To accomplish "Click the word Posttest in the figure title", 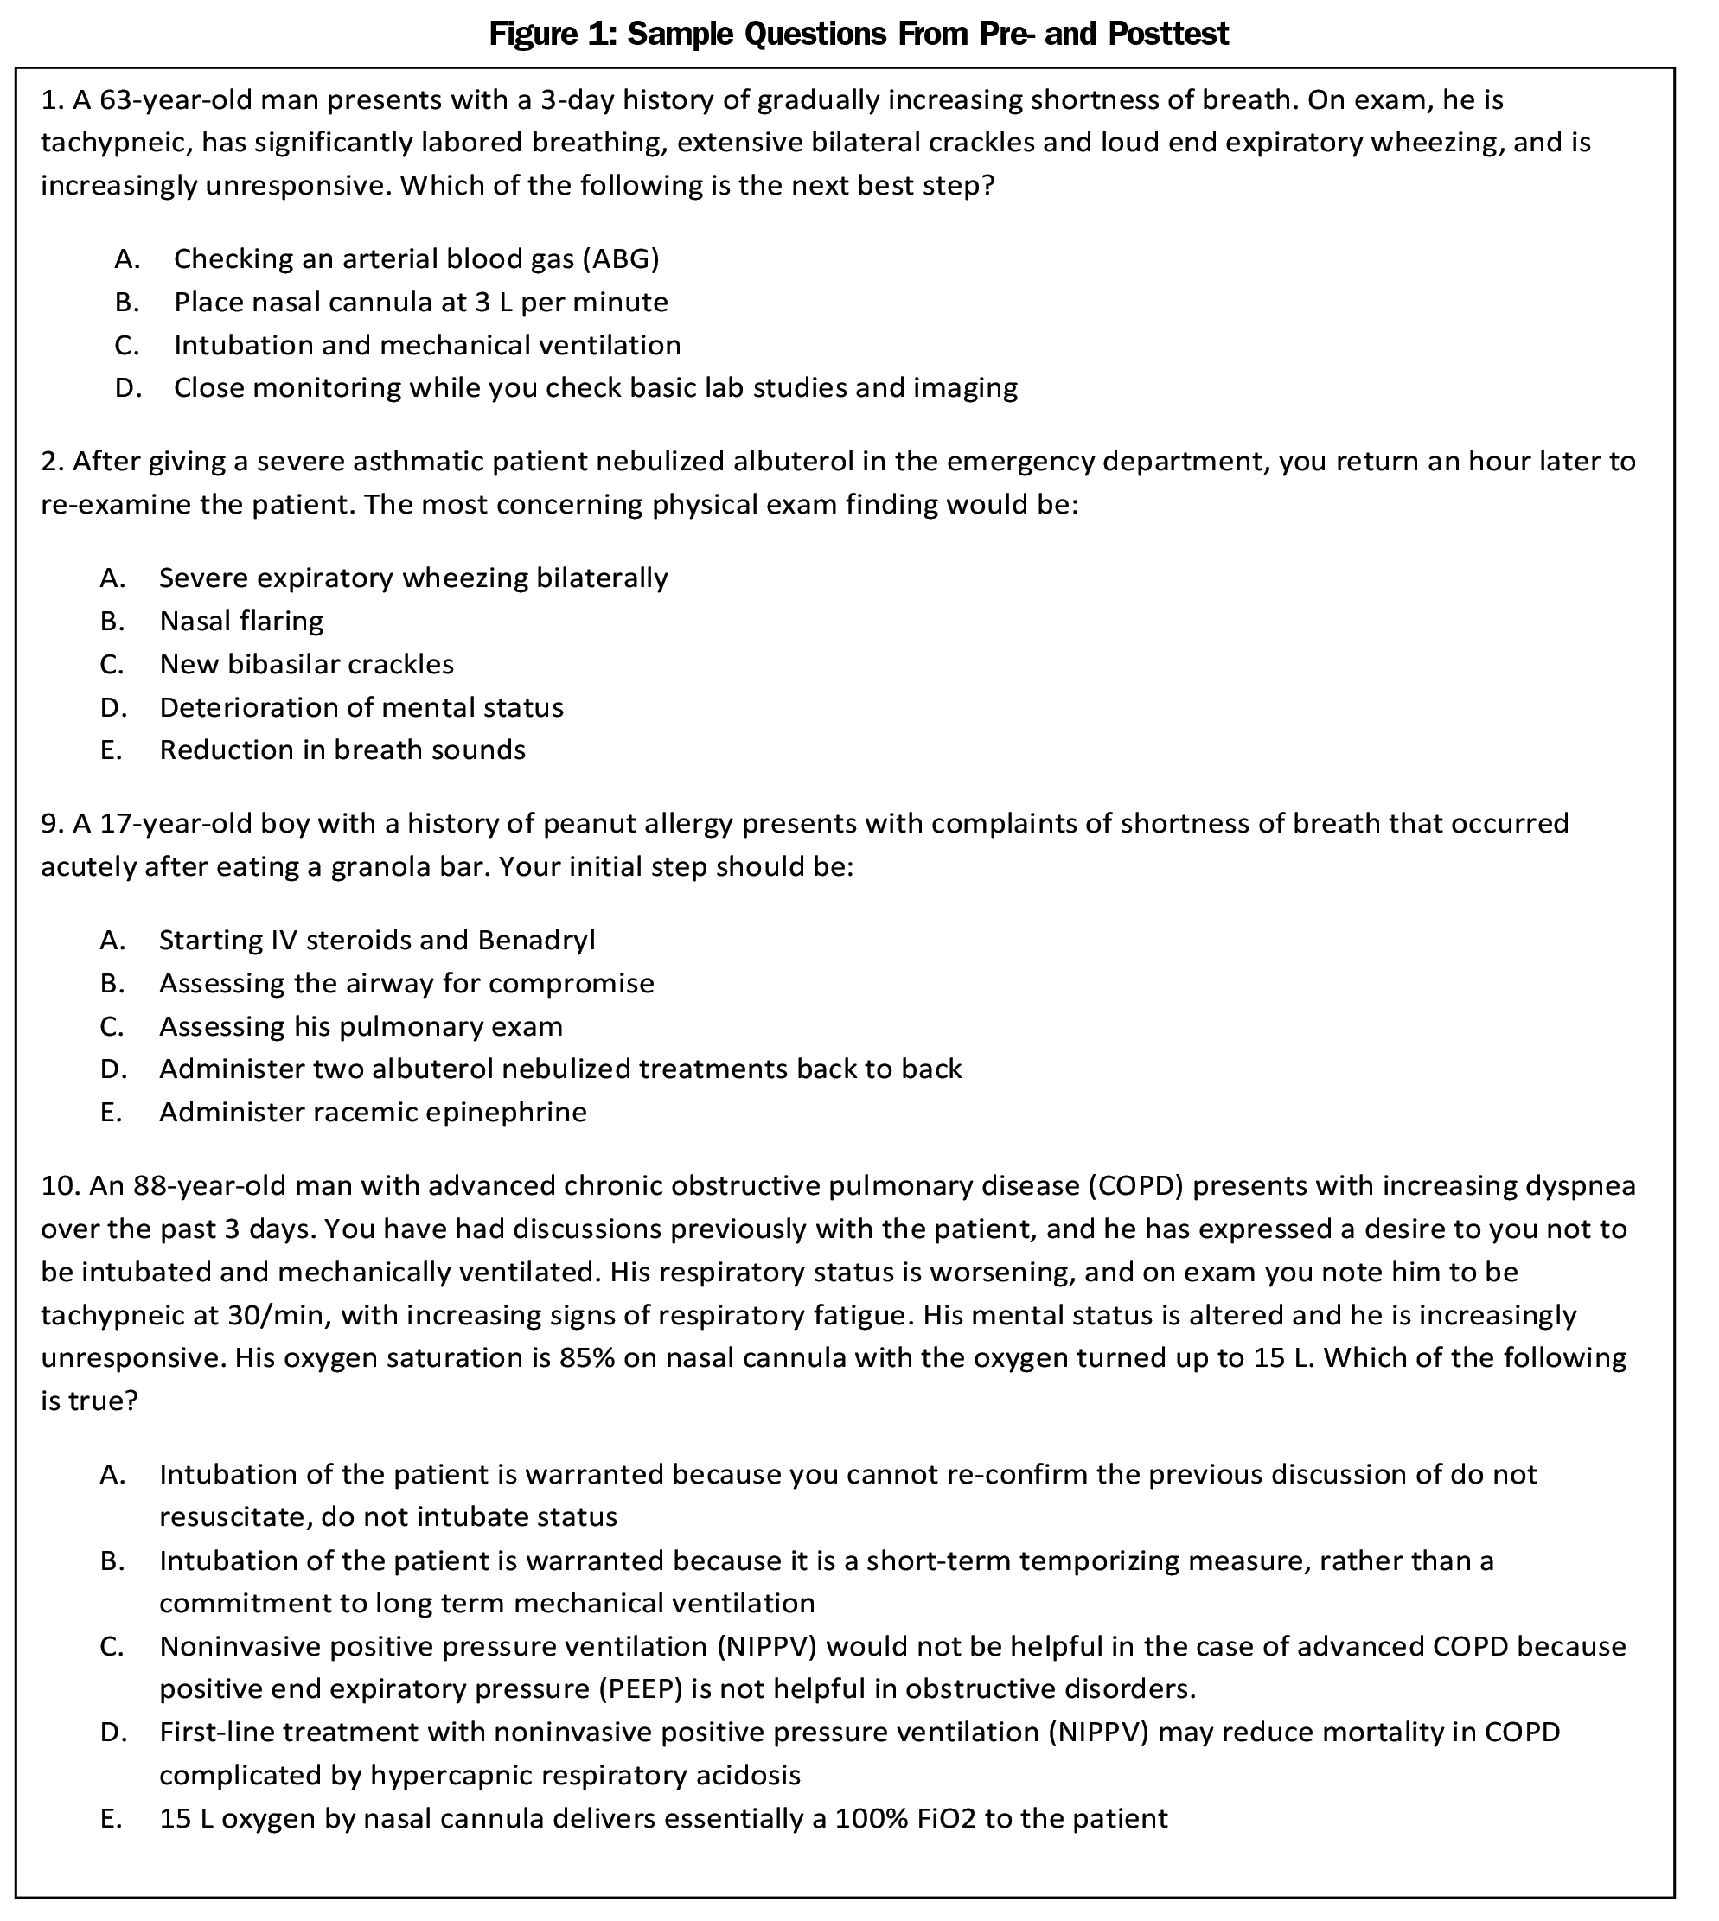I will [1167, 34].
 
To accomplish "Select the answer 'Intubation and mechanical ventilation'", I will [427, 345].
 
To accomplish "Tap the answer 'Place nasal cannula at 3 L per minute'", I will [420, 303].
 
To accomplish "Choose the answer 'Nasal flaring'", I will [241, 621].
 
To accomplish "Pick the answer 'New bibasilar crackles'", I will [306, 664].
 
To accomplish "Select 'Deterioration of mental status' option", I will [361, 707].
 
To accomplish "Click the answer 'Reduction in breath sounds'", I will [342, 750].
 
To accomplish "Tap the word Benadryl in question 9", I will [535, 940].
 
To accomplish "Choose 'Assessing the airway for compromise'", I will [406, 983].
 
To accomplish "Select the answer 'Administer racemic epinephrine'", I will [372, 1112].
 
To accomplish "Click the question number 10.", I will [60, 1185].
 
